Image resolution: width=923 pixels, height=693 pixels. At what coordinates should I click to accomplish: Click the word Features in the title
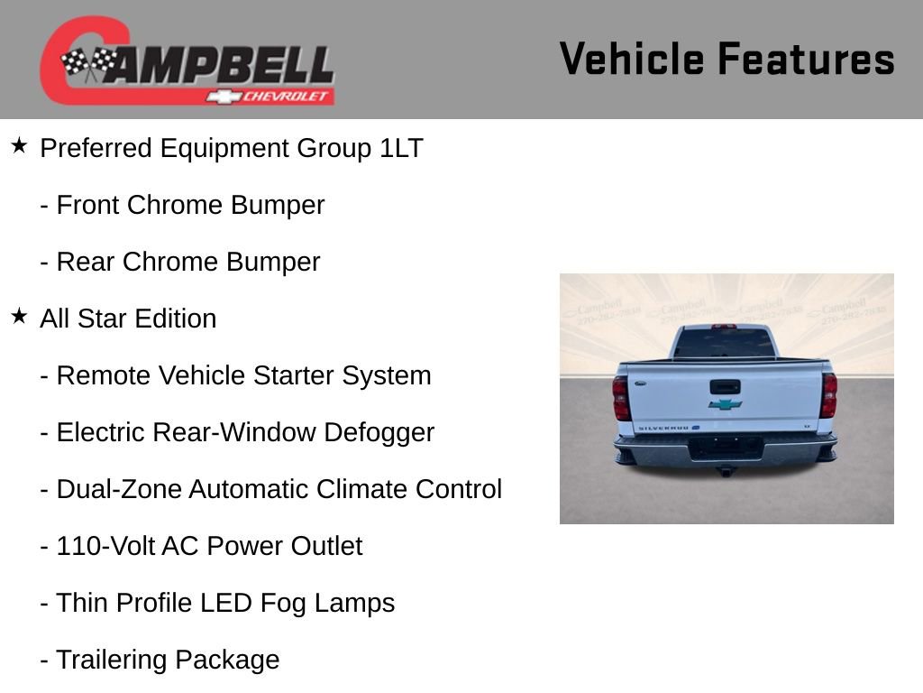806,60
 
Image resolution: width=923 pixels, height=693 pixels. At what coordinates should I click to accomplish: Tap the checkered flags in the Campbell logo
88,63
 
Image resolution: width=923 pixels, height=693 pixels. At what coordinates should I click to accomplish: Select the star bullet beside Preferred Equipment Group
19,145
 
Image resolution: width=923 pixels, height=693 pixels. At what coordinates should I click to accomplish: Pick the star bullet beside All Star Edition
19,316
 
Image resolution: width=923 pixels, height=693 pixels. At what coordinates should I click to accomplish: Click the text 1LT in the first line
401,148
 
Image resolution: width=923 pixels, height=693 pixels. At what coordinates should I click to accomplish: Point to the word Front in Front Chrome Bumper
87,205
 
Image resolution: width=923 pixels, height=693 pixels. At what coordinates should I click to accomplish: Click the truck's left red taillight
621,397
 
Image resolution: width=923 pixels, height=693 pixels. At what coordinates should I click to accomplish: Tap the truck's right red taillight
828,394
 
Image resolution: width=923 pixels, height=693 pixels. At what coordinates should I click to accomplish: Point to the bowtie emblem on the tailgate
725,404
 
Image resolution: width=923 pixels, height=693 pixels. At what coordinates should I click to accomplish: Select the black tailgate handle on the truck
725,386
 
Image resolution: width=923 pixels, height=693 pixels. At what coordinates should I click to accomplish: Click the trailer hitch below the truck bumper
725,470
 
